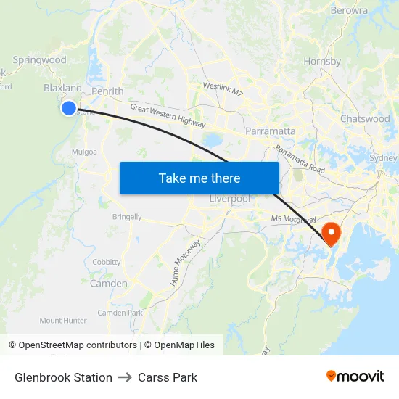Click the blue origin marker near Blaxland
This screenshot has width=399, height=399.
click(68, 108)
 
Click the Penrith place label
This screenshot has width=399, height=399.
click(107, 91)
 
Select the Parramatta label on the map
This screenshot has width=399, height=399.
click(270, 131)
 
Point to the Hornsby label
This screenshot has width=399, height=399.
click(322, 62)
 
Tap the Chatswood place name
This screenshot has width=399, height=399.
click(365, 118)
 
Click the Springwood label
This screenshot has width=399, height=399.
click(39, 60)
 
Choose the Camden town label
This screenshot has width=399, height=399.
click(108, 284)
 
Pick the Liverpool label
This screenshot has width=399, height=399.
click(229, 199)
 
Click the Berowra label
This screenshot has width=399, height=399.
click(349, 11)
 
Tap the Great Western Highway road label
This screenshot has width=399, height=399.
click(168, 116)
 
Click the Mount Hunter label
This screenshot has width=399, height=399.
click(63, 320)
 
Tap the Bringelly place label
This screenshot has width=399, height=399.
click(127, 217)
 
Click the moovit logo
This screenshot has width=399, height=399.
click(355, 376)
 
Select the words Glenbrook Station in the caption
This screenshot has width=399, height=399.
click(63, 377)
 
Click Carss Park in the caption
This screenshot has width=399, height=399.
click(168, 377)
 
